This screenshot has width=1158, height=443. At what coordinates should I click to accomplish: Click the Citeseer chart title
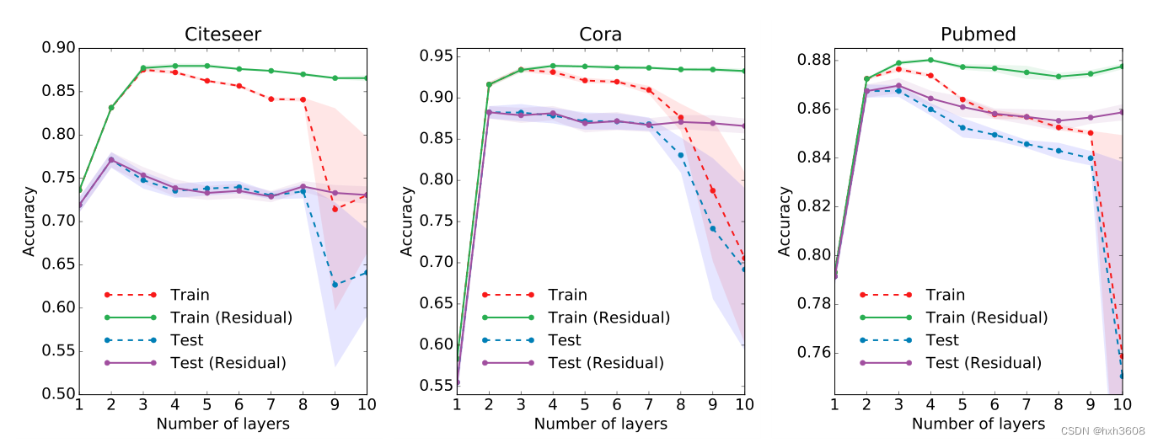(222, 35)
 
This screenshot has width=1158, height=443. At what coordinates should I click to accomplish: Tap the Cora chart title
(600, 35)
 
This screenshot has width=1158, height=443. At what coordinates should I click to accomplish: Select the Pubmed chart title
(978, 35)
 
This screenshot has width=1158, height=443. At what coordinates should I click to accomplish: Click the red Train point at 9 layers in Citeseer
(335, 209)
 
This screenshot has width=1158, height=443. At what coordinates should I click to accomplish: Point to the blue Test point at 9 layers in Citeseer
(335, 285)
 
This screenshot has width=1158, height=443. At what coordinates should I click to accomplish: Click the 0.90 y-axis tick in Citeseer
(58, 48)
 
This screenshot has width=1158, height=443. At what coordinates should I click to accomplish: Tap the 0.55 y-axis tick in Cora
(436, 386)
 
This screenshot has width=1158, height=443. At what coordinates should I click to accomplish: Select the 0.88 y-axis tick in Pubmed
(813, 61)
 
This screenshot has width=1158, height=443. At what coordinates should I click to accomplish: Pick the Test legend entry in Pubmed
(942, 340)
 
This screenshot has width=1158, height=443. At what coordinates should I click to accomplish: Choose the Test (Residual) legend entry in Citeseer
(228, 363)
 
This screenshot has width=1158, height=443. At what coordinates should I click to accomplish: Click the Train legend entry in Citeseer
(190, 295)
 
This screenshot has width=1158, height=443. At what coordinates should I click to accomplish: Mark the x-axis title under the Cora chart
(600, 424)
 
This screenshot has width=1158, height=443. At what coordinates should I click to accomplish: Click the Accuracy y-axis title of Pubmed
(785, 221)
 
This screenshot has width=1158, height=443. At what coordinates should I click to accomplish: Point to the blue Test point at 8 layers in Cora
(680, 155)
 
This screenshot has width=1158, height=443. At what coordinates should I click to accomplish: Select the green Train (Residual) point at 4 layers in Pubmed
(930, 60)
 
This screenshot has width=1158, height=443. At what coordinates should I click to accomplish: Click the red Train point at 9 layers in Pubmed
(1091, 133)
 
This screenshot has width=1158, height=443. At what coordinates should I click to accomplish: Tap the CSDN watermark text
(1102, 430)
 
